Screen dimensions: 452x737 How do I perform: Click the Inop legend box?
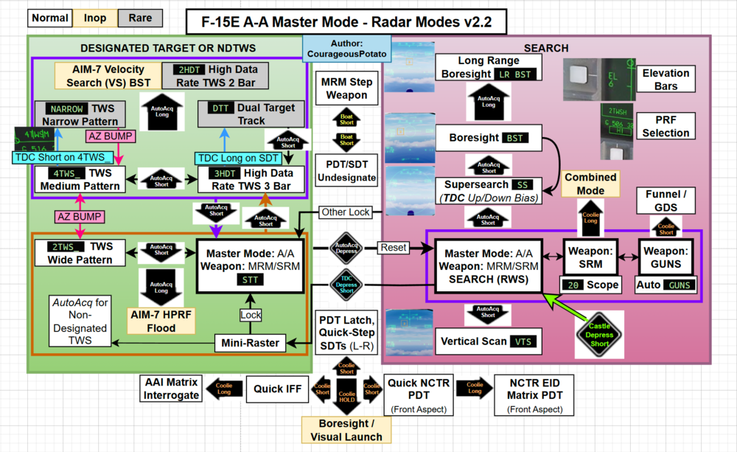[95, 18]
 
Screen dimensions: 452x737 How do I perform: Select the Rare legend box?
[139, 18]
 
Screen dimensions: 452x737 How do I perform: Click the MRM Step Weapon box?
[346, 88]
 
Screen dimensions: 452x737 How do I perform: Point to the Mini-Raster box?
[251, 342]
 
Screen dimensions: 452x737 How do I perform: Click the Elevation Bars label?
[666, 80]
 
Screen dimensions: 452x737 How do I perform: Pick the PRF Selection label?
[666, 126]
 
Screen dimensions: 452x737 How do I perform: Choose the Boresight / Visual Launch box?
[346, 430]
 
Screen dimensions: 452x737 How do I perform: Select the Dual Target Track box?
[251, 114]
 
